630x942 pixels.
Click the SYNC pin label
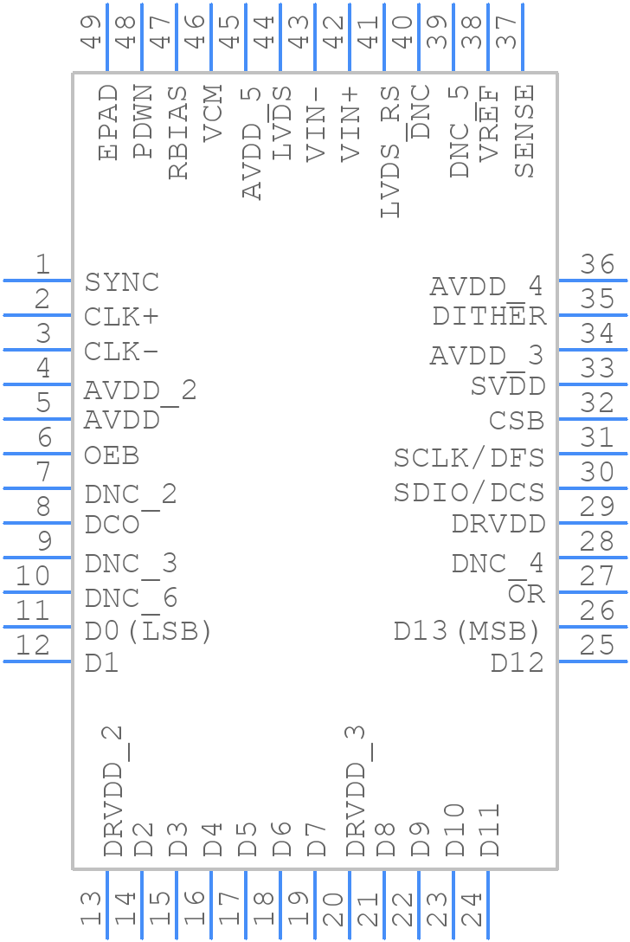pyautogui.click(x=122, y=283)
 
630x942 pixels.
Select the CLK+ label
pyautogui.click(x=122, y=318)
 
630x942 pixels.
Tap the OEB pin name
pyautogui.click(x=112, y=456)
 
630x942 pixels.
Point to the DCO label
pyautogui.click(x=112, y=526)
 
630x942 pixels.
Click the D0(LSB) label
pyautogui.click(x=148, y=632)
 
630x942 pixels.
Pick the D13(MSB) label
pyautogui.click(x=467, y=631)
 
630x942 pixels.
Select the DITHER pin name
pyautogui.click(x=489, y=317)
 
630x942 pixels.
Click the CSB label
pyautogui.click(x=517, y=422)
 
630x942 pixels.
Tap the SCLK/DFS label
pyautogui.click(x=469, y=458)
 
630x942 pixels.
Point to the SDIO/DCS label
pyautogui.click(x=469, y=493)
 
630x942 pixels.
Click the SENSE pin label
pyautogui.click(x=524, y=131)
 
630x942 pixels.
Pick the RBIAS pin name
pyautogui.click(x=177, y=132)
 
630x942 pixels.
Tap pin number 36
pyautogui.click(x=597, y=265)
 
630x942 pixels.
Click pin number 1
pyautogui.click(x=42, y=265)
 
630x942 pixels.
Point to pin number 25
pyautogui.click(x=597, y=646)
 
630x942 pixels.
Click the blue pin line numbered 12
pyautogui.click(x=38, y=661)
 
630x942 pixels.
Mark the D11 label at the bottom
pyautogui.click(x=490, y=830)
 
